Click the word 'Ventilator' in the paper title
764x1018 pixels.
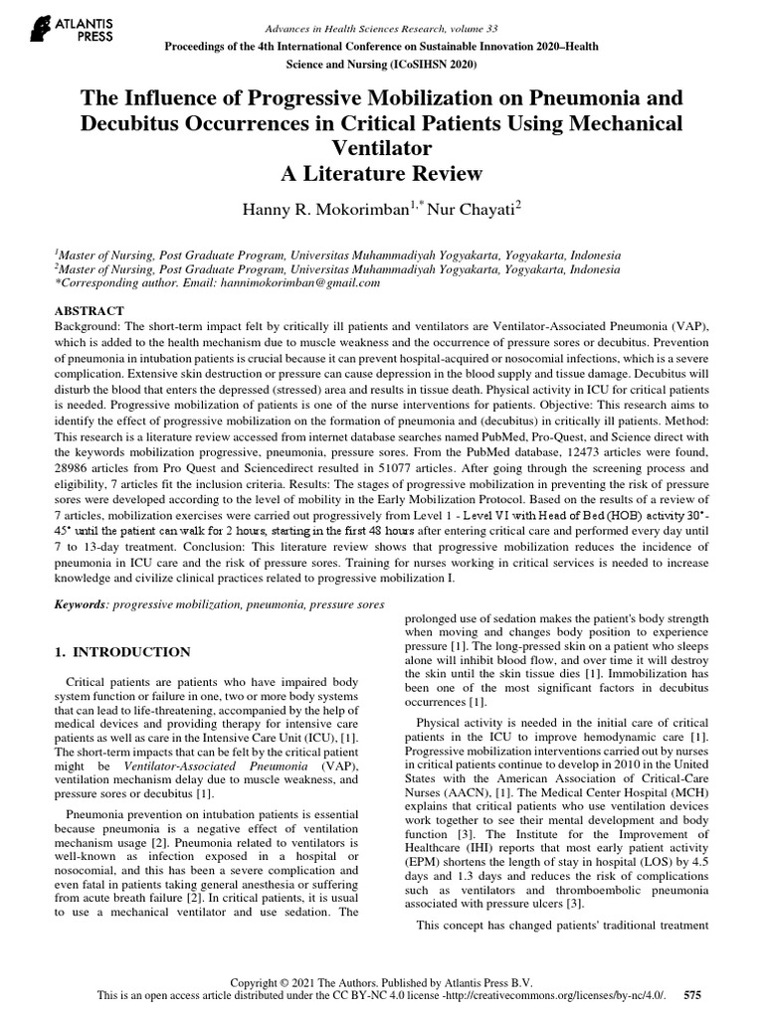(382, 149)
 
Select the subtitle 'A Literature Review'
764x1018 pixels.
(382, 174)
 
